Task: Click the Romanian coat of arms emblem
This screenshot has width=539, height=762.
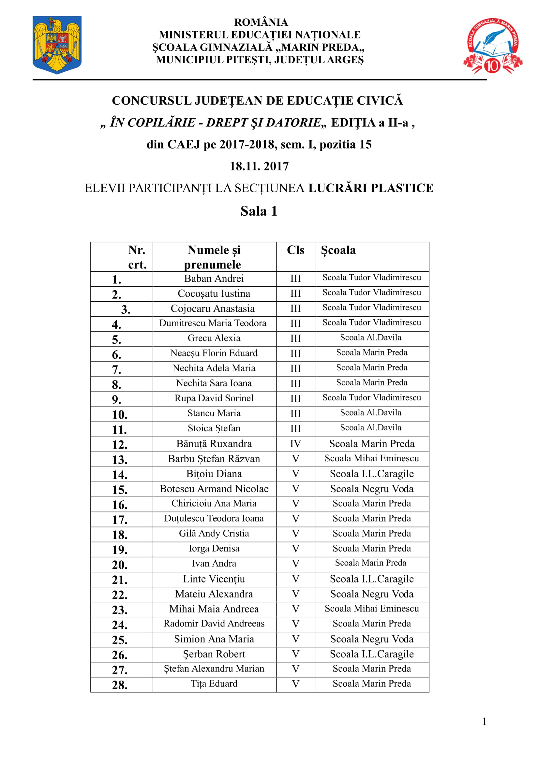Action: tap(57, 45)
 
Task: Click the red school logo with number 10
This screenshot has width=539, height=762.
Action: tap(492, 46)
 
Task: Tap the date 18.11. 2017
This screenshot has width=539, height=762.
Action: tap(259, 166)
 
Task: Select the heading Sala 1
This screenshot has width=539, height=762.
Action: tap(259, 211)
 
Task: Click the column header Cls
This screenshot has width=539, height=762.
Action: tap(295, 250)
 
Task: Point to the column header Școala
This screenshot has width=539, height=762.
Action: tap(338, 250)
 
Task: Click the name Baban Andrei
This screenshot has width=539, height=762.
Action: tap(214, 279)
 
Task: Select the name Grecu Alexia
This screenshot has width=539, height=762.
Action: tap(214, 338)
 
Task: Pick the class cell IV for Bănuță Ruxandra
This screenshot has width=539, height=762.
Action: tap(295, 444)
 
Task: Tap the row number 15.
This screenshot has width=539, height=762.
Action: tap(120, 490)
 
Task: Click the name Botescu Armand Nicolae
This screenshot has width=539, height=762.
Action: tap(214, 489)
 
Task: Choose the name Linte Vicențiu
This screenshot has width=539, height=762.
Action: tap(214, 579)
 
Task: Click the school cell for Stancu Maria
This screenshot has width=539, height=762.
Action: tap(371, 413)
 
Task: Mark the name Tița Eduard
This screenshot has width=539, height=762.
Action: tap(214, 684)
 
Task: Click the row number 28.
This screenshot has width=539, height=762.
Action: tap(120, 685)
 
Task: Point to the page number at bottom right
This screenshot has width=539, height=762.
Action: tap(484, 722)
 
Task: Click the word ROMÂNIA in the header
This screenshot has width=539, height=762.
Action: tap(261, 22)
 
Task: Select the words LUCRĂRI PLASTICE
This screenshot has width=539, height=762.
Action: tap(371, 188)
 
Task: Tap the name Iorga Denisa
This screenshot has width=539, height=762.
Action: tap(214, 549)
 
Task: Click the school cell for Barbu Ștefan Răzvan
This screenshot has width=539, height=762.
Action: tap(372, 458)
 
